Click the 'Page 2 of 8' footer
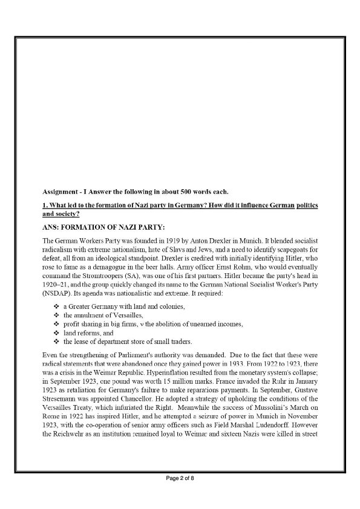(180, 495)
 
